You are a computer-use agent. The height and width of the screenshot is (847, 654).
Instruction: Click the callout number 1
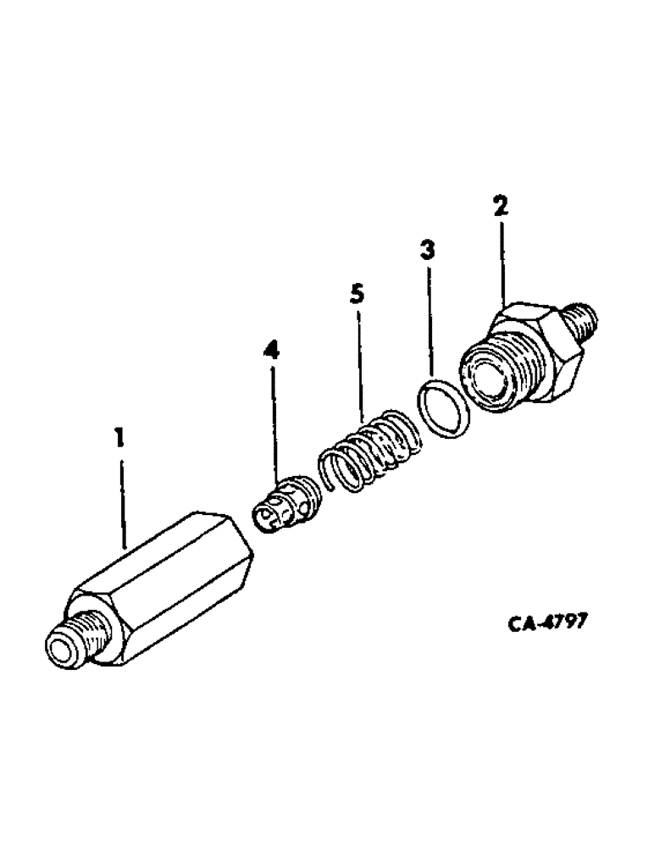coord(119,439)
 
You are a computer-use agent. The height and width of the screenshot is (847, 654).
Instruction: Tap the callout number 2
coord(501,206)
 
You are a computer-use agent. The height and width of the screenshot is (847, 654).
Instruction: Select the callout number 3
coord(428,252)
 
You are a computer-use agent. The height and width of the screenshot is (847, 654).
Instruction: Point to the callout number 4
coord(272,349)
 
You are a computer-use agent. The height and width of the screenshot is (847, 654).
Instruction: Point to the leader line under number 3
coord(430,322)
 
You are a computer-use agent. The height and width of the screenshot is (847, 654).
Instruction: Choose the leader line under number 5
coord(360,364)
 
